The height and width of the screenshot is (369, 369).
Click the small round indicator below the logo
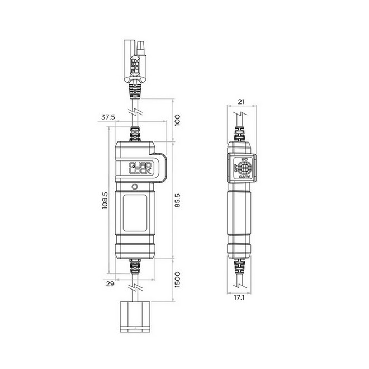click(x=134, y=186)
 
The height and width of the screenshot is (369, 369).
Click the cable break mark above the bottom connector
click(x=134, y=286)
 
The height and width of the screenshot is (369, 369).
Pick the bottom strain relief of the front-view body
click(x=134, y=266)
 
